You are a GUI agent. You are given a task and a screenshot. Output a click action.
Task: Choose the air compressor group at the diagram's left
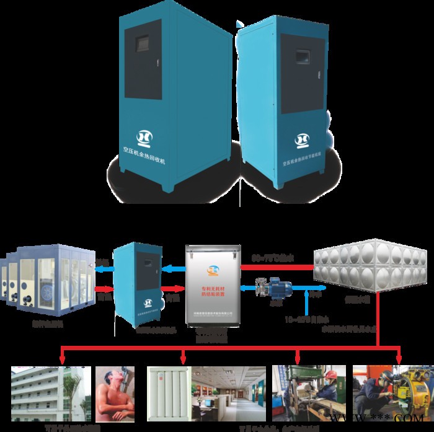pos(47,280)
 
